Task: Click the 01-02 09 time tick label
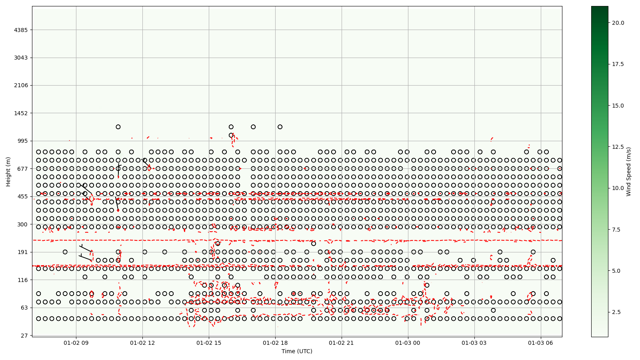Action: pos(76,343)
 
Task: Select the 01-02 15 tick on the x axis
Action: pos(209,343)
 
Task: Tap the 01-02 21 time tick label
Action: pos(342,343)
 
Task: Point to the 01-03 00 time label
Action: pos(408,343)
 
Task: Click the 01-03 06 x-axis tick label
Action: pos(541,343)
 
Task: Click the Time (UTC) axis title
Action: pos(297,351)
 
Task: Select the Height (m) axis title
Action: pos(8,172)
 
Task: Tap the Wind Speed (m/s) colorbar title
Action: pos(629,172)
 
